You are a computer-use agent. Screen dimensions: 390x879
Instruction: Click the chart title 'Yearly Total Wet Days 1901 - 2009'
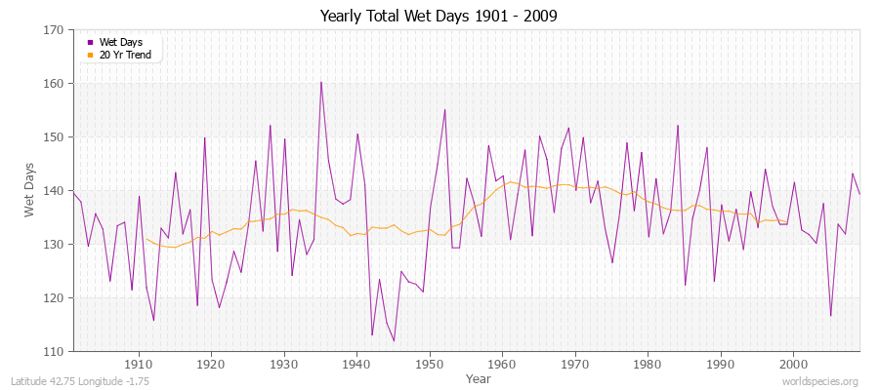[439, 17]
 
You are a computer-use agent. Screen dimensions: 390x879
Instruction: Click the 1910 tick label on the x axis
[139, 364]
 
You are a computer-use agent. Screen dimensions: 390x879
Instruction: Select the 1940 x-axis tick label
[356, 364]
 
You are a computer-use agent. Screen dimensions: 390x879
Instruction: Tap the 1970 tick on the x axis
[575, 364]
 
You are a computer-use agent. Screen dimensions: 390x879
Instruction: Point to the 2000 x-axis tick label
[793, 364]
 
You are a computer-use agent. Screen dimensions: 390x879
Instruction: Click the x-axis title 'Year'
[479, 378]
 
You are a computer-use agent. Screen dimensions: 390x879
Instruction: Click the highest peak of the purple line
[320, 82]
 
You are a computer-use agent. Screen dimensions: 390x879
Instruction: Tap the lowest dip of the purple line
[394, 340]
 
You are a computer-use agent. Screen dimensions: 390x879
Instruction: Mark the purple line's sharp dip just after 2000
[830, 315]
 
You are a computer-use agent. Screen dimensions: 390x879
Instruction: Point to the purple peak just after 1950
[444, 109]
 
